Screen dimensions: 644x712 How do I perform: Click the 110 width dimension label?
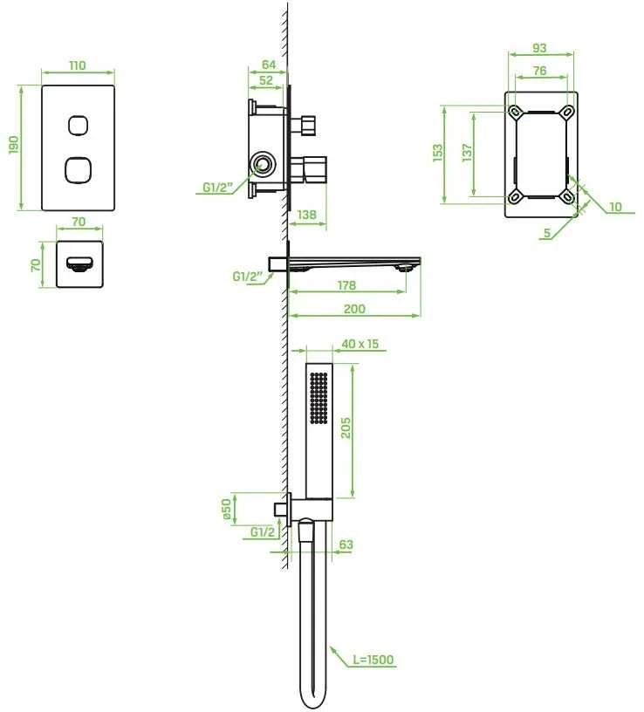click(x=77, y=65)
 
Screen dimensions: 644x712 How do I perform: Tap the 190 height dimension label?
click(x=15, y=145)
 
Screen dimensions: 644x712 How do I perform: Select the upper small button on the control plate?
click(x=79, y=126)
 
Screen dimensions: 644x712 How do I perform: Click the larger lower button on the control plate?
click(x=79, y=170)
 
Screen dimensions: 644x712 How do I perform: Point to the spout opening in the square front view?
click(x=79, y=264)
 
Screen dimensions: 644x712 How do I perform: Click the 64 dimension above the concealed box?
click(x=269, y=65)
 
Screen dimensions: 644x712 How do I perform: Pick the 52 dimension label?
click(x=265, y=80)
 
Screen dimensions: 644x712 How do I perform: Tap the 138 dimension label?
click(x=306, y=215)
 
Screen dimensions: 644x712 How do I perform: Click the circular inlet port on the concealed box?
click(x=262, y=163)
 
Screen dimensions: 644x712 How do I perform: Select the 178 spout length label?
click(x=346, y=285)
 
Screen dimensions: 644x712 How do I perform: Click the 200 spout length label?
click(x=354, y=309)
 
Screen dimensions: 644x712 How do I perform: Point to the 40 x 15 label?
click(x=360, y=344)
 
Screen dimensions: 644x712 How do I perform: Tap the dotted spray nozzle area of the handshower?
click(x=319, y=398)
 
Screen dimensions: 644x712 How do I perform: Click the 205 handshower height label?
click(x=346, y=428)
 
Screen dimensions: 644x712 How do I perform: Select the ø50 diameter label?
click(x=227, y=510)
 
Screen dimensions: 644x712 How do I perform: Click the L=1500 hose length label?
click(x=373, y=660)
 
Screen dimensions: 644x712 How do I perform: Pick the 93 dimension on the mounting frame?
click(x=539, y=48)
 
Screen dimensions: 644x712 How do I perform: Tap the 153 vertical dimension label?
click(x=437, y=153)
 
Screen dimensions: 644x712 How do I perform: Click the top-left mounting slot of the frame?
click(x=515, y=112)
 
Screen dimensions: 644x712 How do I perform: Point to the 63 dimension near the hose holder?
click(x=346, y=544)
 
